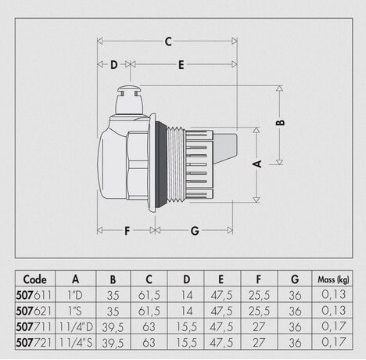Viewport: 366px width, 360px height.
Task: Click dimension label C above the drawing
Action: coord(168,41)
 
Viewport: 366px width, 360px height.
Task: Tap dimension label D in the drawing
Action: coord(114,65)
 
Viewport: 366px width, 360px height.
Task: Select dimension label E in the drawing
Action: coord(181,65)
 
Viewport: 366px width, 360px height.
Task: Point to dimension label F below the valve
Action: coord(127,231)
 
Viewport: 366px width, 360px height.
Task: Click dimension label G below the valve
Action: coord(195,231)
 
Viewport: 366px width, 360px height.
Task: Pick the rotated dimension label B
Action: coord(281,122)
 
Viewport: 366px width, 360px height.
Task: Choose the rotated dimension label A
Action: coord(257,164)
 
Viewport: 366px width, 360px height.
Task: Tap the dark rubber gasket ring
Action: coord(161,164)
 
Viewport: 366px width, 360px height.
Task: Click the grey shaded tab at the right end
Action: coord(224,147)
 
